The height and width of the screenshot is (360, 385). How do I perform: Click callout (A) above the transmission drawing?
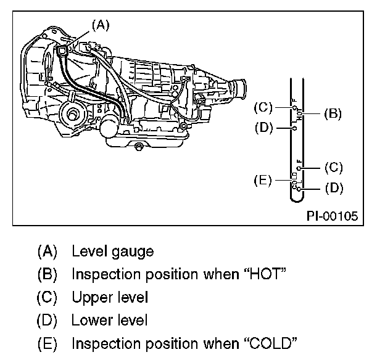[100, 25]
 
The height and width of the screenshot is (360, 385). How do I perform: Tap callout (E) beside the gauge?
[262, 181]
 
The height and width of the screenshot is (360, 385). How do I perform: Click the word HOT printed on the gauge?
[299, 113]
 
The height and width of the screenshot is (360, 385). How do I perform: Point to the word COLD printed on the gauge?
[295, 181]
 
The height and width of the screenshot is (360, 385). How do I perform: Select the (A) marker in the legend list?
[48, 251]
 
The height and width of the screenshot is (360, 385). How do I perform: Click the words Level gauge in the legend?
[112, 251]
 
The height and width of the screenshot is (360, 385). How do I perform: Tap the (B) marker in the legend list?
[48, 274]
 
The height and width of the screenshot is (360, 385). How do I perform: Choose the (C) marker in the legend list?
[48, 297]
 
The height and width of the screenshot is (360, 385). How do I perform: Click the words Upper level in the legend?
[110, 297]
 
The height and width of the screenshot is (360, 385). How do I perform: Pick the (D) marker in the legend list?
[48, 320]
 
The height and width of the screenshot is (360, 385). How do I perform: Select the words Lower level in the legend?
[110, 320]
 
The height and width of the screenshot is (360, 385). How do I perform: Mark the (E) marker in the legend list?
[48, 343]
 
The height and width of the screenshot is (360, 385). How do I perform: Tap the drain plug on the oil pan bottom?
[140, 146]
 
